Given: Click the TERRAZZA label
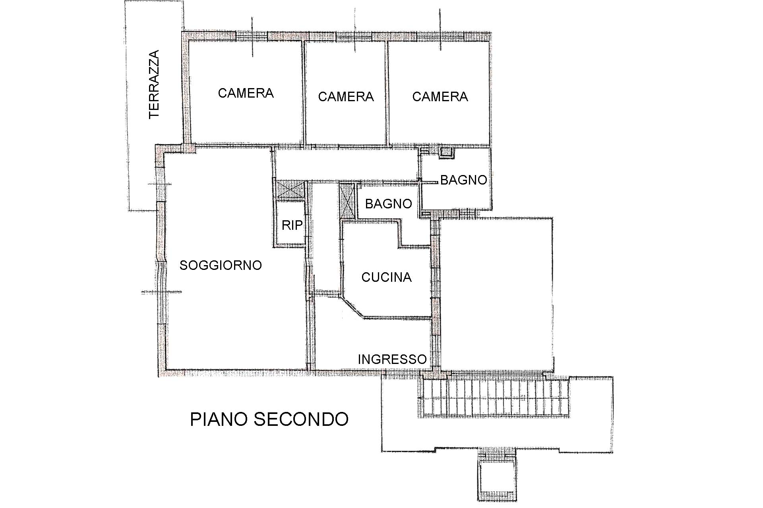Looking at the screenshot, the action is [154, 84].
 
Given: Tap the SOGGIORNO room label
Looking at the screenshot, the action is [221, 265].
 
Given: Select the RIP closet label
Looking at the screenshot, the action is [292, 225].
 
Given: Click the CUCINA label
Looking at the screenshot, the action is [386, 277].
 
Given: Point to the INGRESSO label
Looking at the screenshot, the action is [392, 359].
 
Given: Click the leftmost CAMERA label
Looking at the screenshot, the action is [246, 93].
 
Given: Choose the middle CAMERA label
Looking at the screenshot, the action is [346, 96].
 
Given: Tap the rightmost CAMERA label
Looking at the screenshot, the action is [440, 96].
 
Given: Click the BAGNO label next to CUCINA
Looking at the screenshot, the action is [388, 204].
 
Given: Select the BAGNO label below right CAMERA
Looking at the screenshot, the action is [464, 180].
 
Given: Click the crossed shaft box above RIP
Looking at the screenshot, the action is [290, 189].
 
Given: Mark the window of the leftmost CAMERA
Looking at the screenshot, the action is [252, 36].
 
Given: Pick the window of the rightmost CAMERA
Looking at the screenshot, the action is [440, 36].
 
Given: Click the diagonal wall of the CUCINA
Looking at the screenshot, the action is [352, 307].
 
